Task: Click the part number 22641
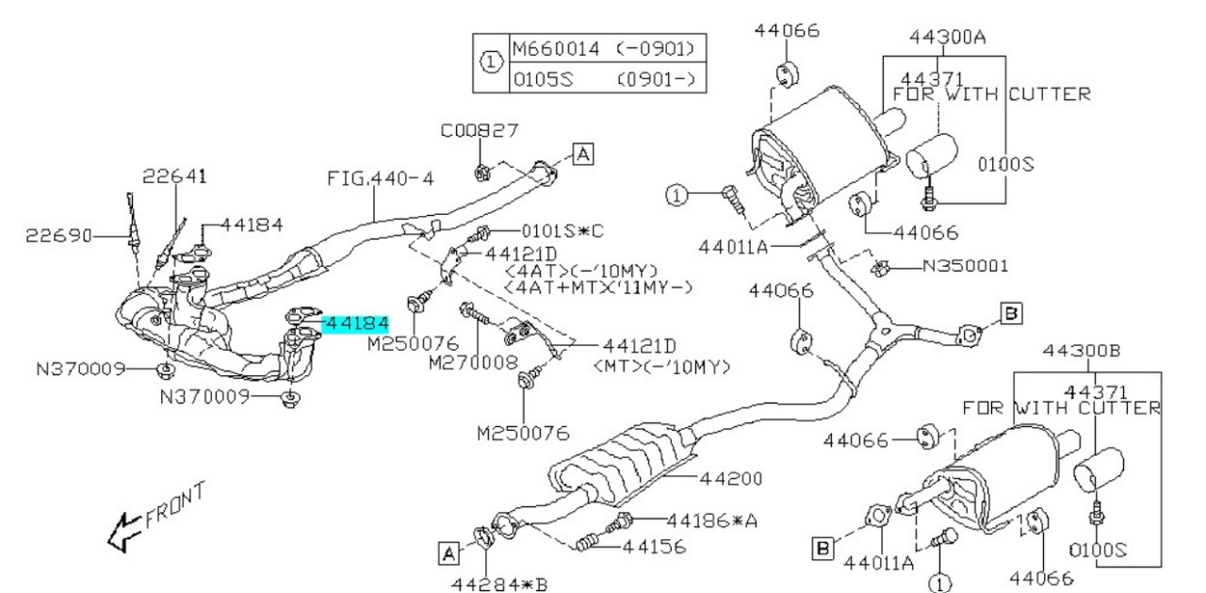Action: tap(174, 176)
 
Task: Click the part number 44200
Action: tap(730, 478)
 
